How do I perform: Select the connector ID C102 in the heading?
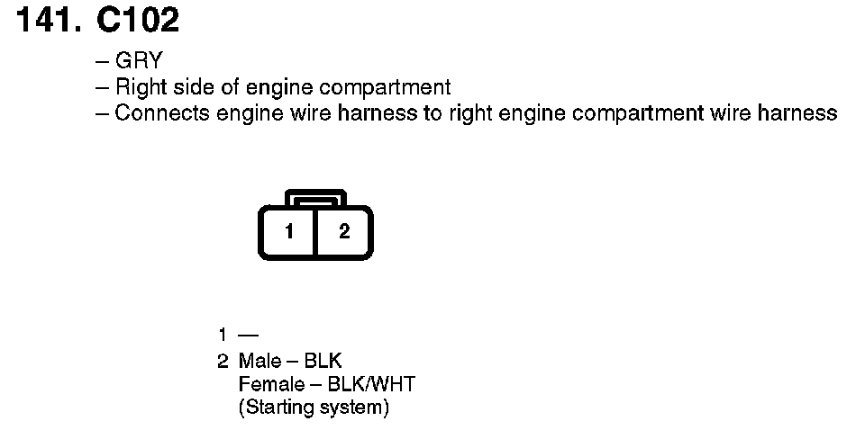(136, 20)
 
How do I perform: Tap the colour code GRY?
(139, 61)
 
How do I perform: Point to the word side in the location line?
(187, 87)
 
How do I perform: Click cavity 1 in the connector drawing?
(289, 232)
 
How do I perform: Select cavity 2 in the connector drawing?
(343, 232)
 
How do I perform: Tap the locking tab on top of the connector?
(315, 197)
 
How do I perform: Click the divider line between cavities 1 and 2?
(315, 232)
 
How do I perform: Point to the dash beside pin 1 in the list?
(248, 336)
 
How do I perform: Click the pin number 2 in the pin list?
(222, 362)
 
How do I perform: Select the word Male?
(259, 362)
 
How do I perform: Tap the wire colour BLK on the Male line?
(323, 362)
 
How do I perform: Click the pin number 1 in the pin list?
(222, 336)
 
